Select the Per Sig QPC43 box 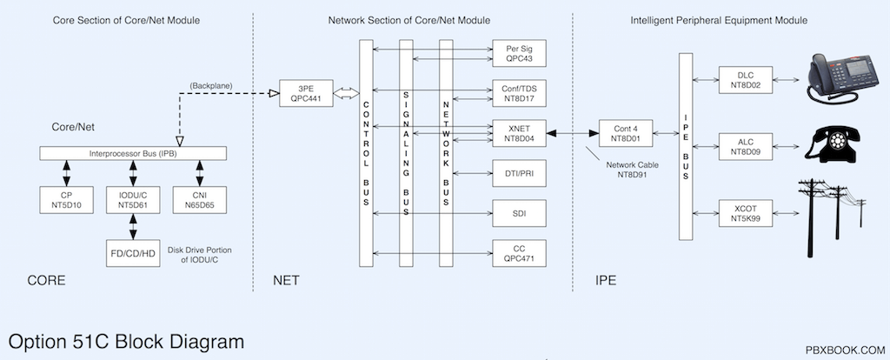coord(520,53)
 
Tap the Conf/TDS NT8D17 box coord(520,93)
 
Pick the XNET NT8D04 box coord(520,133)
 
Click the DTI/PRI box coord(520,173)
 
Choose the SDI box coord(520,214)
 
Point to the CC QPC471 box coord(520,253)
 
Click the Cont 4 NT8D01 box coord(626,133)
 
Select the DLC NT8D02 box coord(746,80)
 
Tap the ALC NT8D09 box coord(746,146)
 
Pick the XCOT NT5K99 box coord(746,214)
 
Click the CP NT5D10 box coord(66,200)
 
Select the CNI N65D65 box coord(200,200)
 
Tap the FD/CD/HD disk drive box coord(133,253)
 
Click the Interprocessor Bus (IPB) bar coord(133,153)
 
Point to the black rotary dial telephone coord(832,144)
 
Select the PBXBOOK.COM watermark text coord(845,350)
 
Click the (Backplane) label coord(211,86)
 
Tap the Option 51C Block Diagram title coord(127,342)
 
